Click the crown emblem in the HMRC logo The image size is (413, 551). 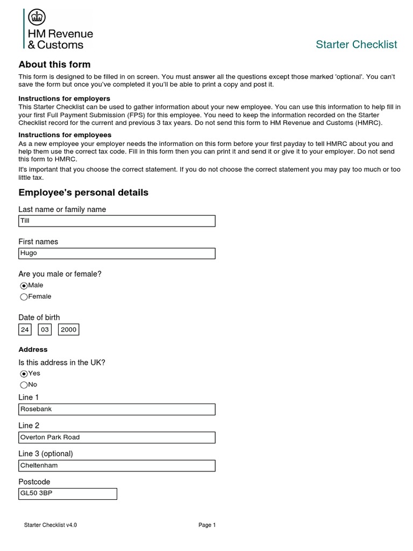click(37, 18)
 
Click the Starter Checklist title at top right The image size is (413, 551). click(356, 45)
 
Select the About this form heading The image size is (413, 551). click(54, 65)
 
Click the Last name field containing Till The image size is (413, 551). click(117, 221)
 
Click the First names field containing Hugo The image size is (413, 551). click(117, 253)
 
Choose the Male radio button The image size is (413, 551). click(24, 286)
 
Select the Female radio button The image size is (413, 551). click(24, 297)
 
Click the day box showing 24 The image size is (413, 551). click(25, 330)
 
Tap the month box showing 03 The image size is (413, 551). click(45, 330)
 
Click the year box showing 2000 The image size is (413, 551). click(69, 330)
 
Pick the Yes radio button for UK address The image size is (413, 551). click(24, 374)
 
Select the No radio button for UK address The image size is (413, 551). click(24, 385)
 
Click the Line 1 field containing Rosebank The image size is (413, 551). click(117, 409)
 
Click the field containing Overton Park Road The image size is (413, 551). click(117, 437)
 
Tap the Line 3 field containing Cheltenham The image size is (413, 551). click(117, 465)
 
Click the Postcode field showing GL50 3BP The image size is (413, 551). click(68, 493)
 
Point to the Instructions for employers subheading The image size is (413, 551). click(64, 98)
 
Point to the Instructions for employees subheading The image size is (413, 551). click(65, 135)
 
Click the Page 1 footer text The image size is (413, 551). click(207, 525)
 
